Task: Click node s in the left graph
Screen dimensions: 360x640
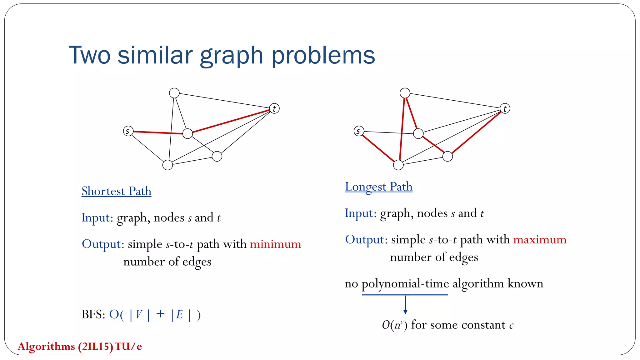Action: pyautogui.click(x=128, y=131)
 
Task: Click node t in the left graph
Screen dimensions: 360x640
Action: pyautogui.click(x=274, y=108)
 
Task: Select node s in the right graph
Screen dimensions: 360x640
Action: pyautogui.click(x=359, y=131)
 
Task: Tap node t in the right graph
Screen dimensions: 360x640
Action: pyautogui.click(x=505, y=108)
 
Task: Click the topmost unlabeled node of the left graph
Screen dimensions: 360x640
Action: pyautogui.click(x=174, y=93)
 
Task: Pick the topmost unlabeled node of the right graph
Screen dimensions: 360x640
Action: pyautogui.click(x=405, y=93)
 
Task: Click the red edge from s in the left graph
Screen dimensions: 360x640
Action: pyautogui.click(x=158, y=132)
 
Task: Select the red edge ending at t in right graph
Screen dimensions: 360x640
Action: pyautogui.click(x=476, y=132)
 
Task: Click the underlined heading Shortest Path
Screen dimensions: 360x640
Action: pyautogui.click(x=116, y=191)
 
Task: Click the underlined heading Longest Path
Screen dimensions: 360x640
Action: pyautogui.click(x=378, y=187)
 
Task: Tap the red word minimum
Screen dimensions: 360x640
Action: pyautogui.click(x=275, y=244)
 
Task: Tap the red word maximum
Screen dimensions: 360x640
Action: pyautogui.click(x=540, y=240)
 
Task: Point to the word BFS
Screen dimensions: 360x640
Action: pyautogui.click(x=93, y=314)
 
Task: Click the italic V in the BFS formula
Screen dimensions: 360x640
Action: pyautogui.click(x=139, y=314)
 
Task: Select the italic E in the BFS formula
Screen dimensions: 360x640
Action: pyautogui.click(x=179, y=314)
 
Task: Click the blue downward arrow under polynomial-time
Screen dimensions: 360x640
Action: pyautogui.click(x=405, y=305)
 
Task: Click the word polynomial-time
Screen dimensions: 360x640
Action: pyautogui.click(x=405, y=284)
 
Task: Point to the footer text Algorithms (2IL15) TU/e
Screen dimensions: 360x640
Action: pyautogui.click(x=80, y=346)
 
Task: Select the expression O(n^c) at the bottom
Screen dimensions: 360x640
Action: pyautogui.click(x=394, y=325)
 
